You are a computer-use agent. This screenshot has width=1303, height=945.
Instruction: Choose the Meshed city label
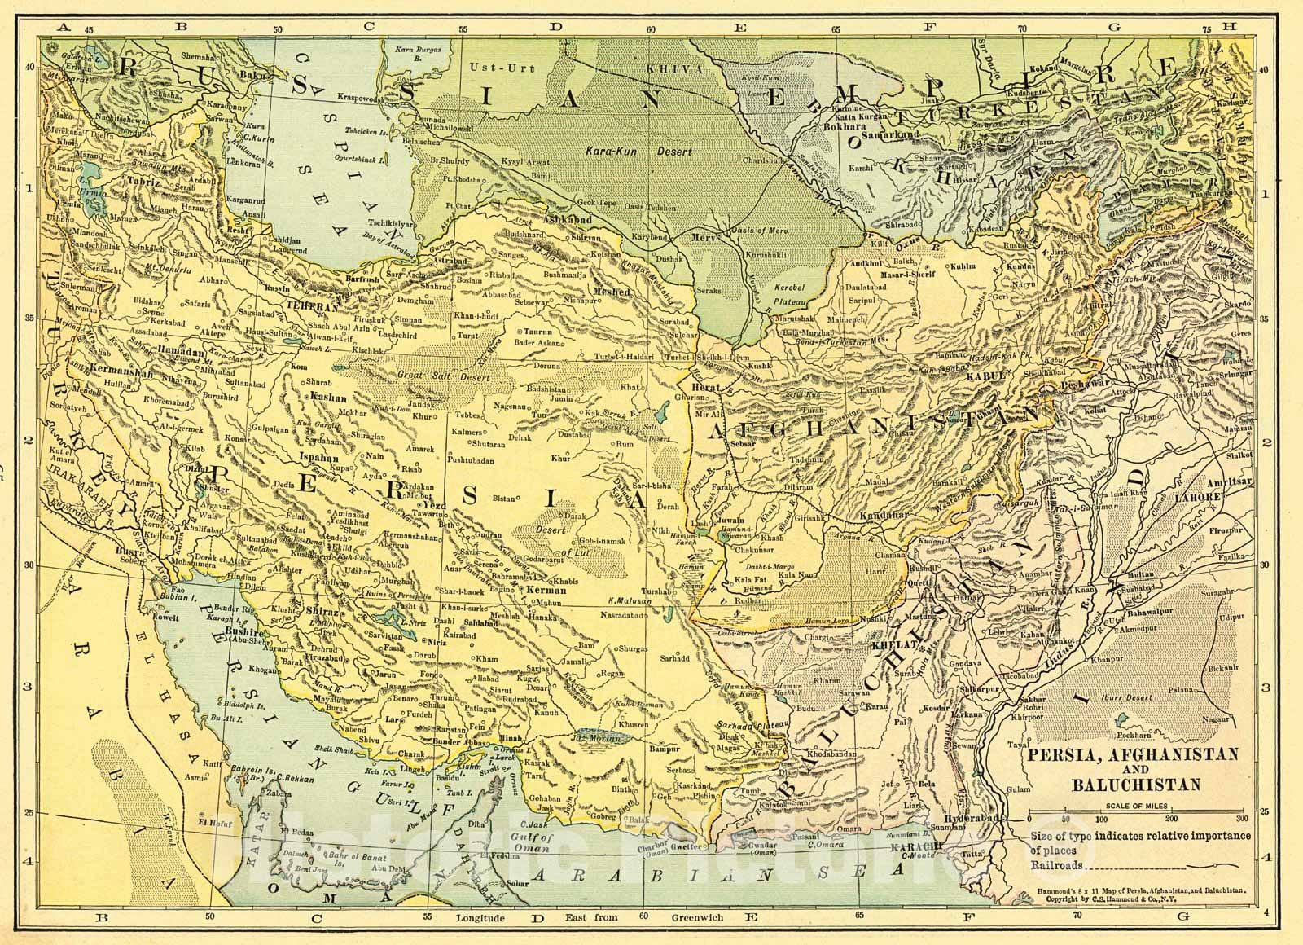[x=612, y=291]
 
